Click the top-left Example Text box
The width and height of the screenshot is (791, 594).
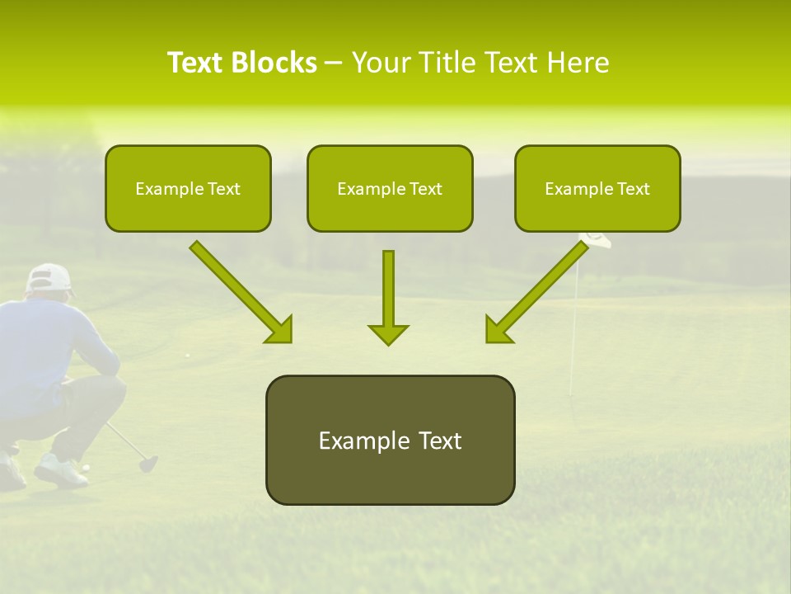click(x=188, y=188)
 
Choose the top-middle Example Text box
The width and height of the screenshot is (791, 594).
click(x=390, y=188)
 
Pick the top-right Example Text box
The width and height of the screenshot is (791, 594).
click(x=597, y=188)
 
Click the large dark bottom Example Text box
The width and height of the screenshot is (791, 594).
click(x=390, y=440)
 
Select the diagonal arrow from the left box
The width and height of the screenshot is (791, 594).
click(x=241, y=292)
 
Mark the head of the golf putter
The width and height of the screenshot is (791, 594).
click(x=148, y=463)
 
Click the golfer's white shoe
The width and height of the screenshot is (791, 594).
click(x=60, y=469)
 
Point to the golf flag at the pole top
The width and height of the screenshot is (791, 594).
click(x=596, y=240)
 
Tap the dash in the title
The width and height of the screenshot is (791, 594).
click(x=335, y=64)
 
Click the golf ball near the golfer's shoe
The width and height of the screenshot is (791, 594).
click(x=85, y=468)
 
